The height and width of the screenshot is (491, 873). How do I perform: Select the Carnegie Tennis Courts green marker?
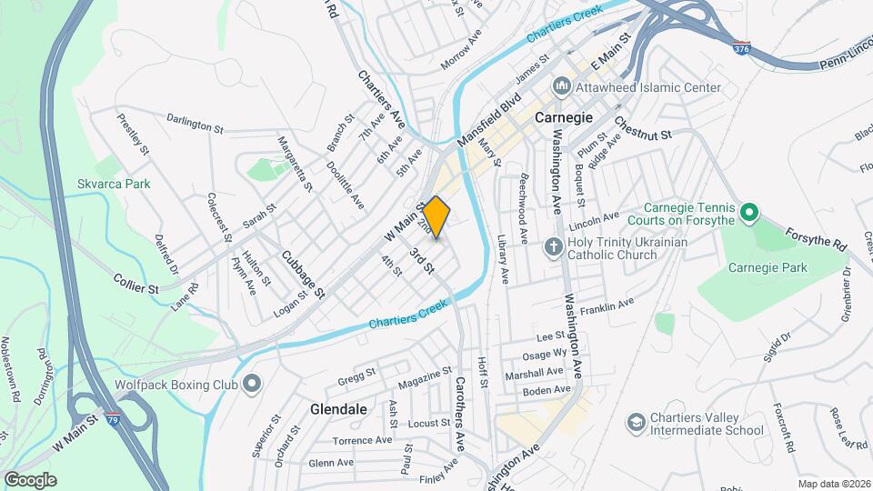click(x=749, y=213)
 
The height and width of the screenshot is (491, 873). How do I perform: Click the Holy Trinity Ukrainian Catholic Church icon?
click(x=552, y=247)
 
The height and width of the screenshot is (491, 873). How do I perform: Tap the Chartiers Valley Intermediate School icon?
click(x=636, y=423)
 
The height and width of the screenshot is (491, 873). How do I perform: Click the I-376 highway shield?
click(x=742, y=46)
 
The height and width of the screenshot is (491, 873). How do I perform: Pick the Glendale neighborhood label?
click(x=337, y=409)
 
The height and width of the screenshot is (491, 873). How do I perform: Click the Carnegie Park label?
click(x=768, y=267)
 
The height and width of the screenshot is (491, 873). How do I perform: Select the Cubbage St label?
click(x=303, y=275)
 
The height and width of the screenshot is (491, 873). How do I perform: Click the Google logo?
click(x=30, y=479)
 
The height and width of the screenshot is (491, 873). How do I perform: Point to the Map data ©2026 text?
click(x=833, y=484)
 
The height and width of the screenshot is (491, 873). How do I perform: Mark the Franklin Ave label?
click(x=611, y=306)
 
